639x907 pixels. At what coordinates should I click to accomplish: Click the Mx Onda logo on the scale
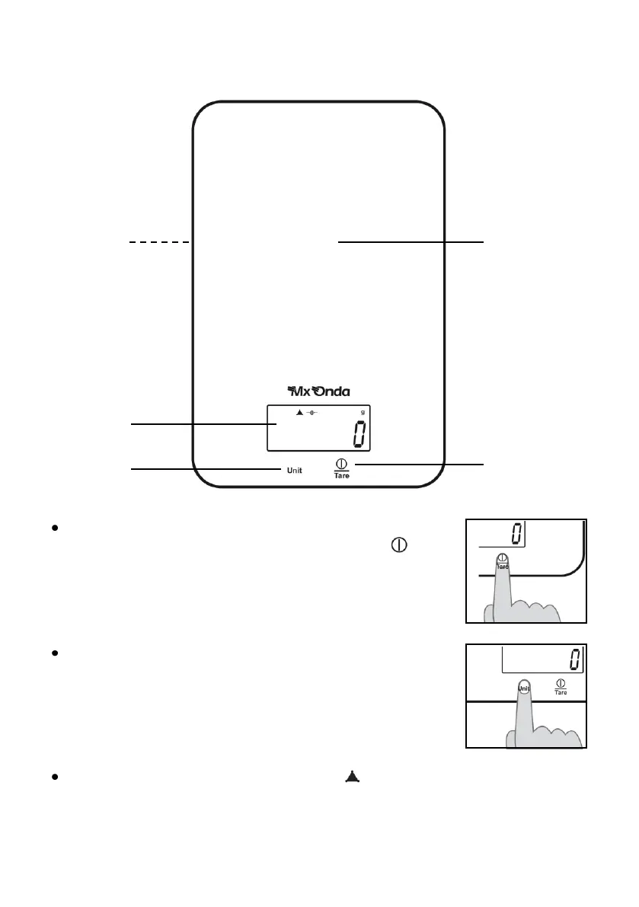pyautogui.click(x=318, y=392)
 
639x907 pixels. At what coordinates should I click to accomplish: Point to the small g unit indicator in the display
pyautogui.click(x=363, y=412)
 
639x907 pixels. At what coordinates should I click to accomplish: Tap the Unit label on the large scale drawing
pyautogui.click(x=294, y=471)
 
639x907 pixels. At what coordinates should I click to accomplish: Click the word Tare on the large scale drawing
pyautogui.click(x=342, y=475)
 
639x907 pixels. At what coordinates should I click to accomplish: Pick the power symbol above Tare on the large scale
pyautogui.click(x=342, y=462)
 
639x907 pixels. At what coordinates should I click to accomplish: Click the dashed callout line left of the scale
pyautogui.click(x=158, y=242)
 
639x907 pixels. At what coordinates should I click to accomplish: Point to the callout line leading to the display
pyautogui.click(x=198, y=423)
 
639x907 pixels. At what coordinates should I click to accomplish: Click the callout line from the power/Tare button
pyautogui.click(x=419, y=463)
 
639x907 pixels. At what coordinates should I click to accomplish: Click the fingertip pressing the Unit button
pyautogui.click(x=523, y=687)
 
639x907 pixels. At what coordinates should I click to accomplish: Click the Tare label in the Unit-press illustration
pyautogui.click(x=561, y=692)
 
